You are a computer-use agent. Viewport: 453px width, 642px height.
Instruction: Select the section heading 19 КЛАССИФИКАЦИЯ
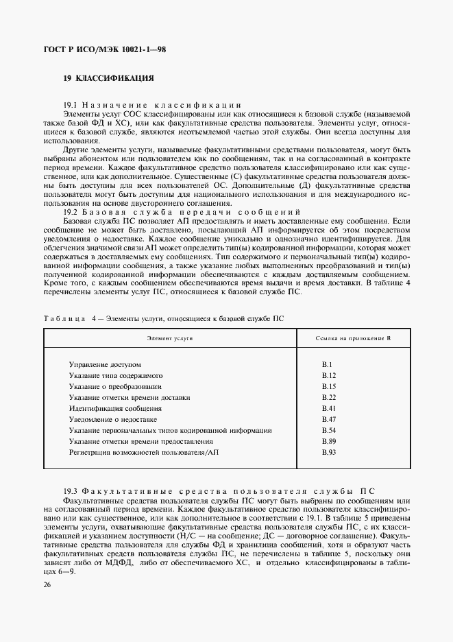pos(108,78)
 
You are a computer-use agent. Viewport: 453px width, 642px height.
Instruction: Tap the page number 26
pos(47,584)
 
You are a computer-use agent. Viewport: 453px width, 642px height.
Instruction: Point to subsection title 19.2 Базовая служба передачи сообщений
pos(182,211)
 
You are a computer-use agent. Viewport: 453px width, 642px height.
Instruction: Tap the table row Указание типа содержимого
pos(115,376)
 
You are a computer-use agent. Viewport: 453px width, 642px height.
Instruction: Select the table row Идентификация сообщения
pos(106,408)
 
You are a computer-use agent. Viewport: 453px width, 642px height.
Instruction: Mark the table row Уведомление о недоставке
pos(113,419)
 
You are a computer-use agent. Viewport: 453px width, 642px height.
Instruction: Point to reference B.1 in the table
pos(327,365)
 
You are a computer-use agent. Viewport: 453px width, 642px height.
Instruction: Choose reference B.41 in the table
pos(328,408)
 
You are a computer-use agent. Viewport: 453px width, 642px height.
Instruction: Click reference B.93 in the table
pos(328,452)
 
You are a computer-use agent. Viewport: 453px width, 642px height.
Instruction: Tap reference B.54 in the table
pos(328,430)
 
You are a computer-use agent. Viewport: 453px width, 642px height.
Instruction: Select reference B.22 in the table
pos(328,397)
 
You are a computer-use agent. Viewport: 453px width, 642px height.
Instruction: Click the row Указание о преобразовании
pos(115,387)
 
